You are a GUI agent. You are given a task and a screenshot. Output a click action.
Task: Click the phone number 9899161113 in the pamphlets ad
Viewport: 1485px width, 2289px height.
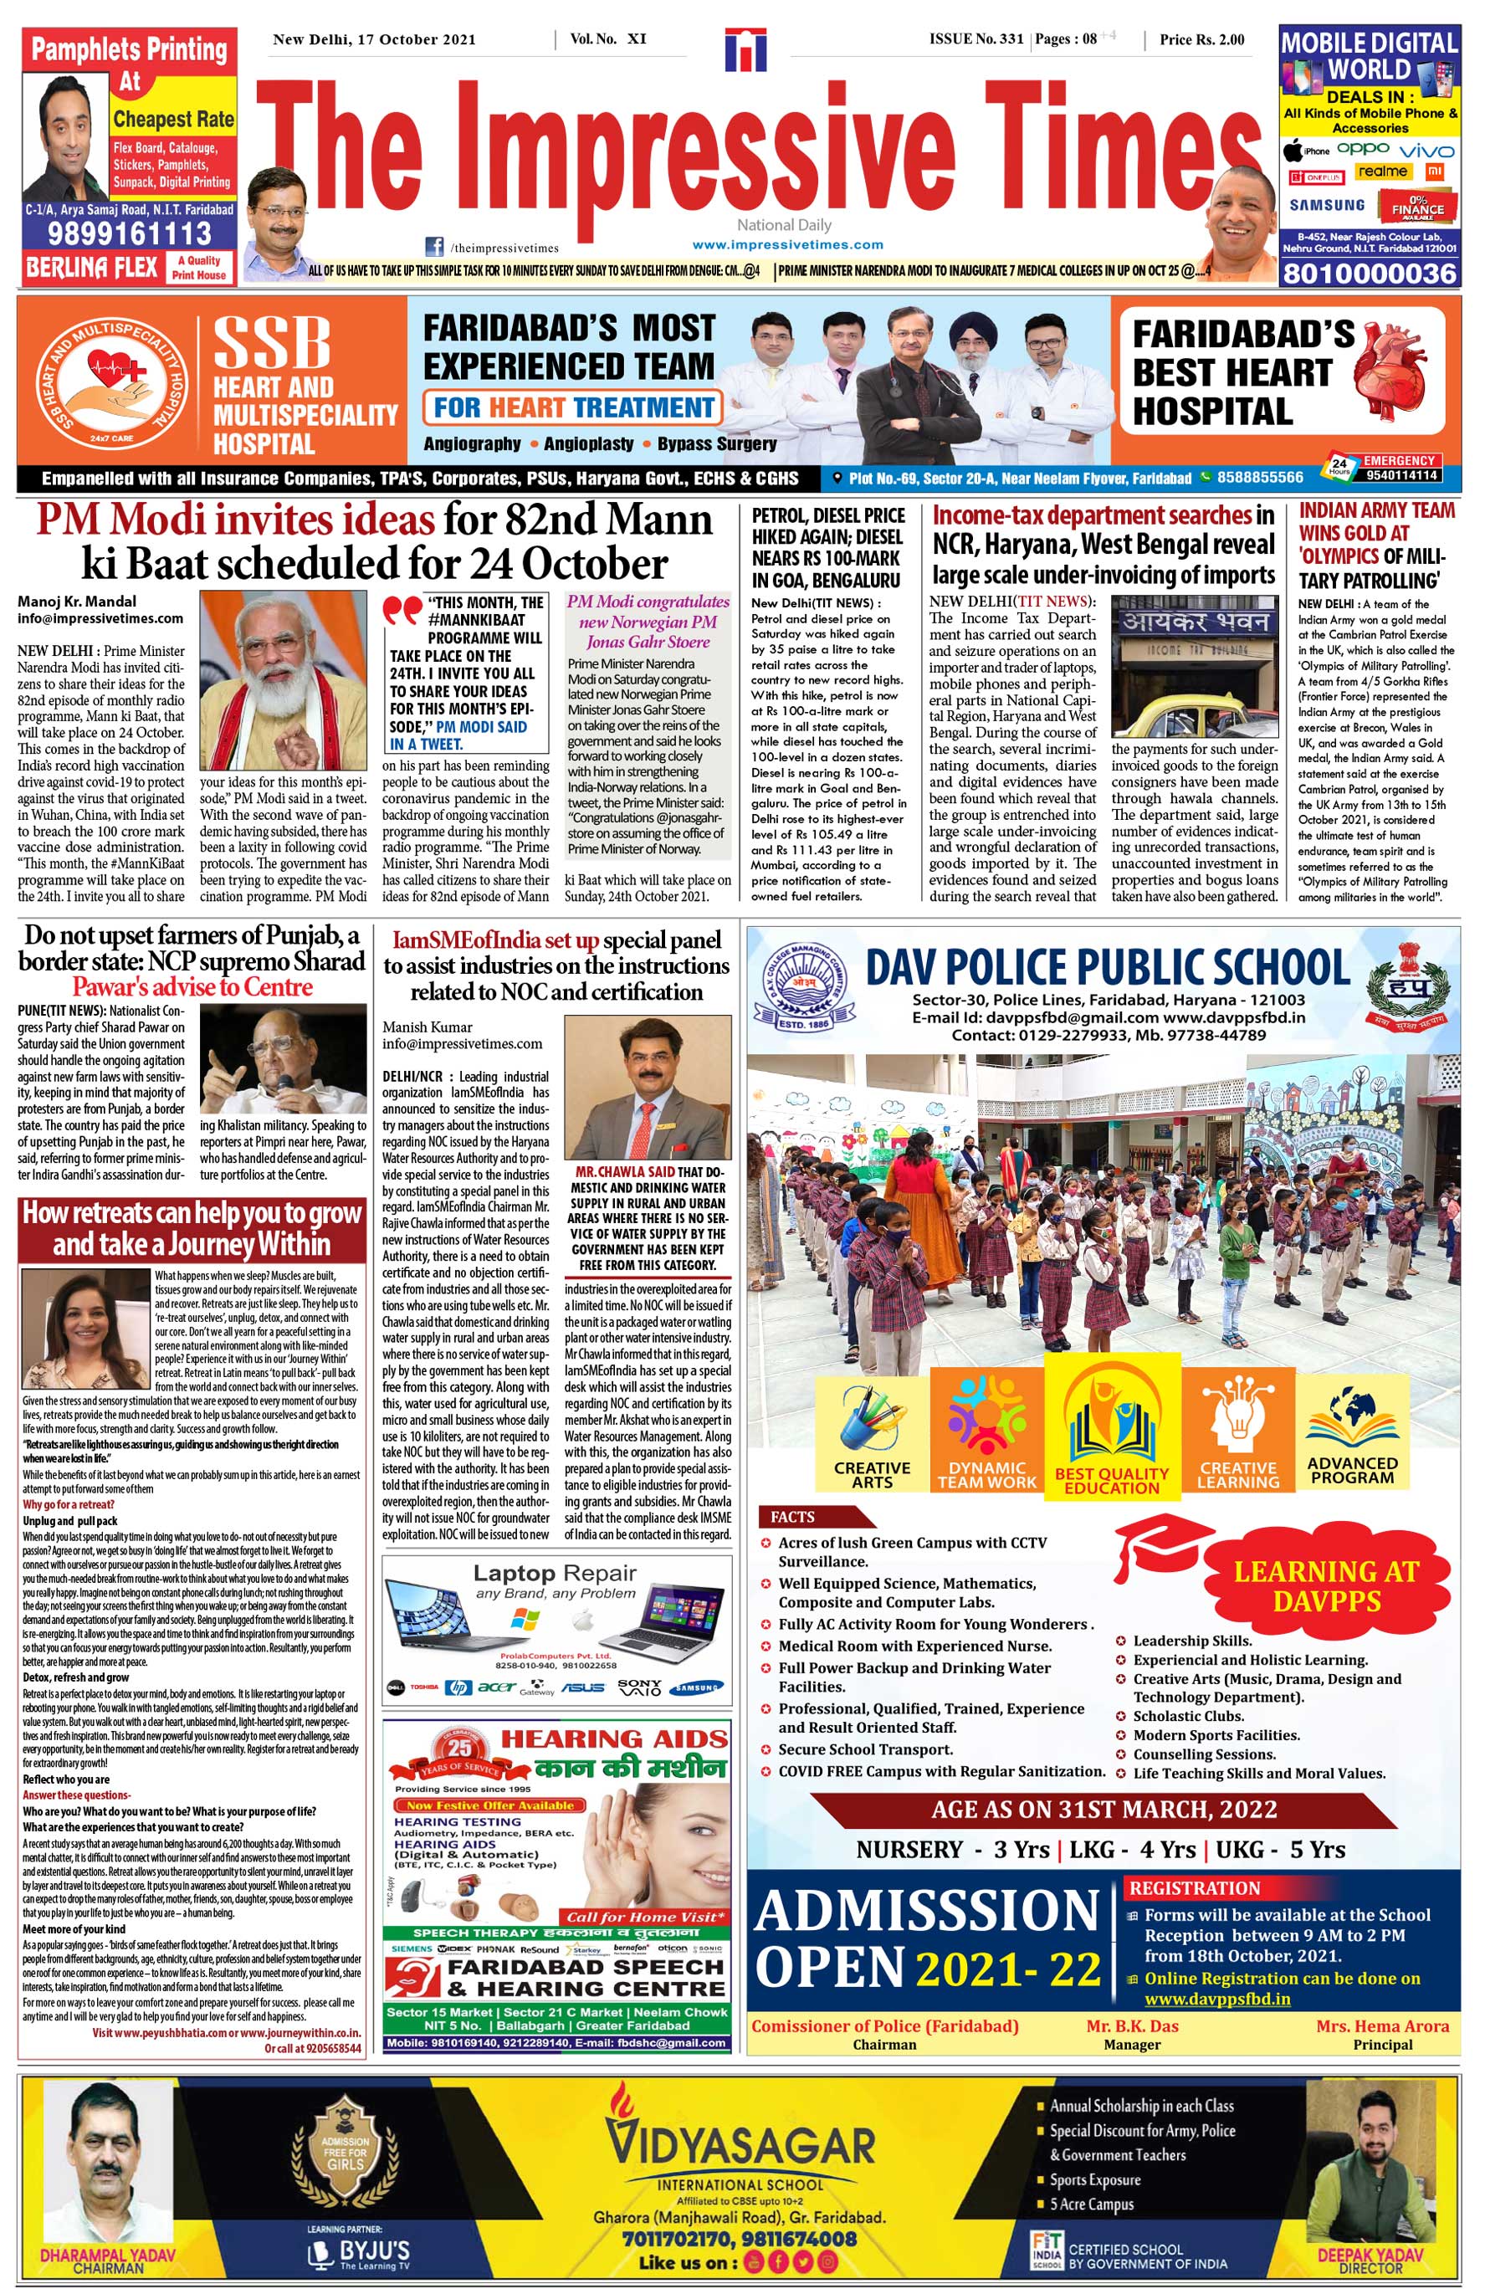(x=129, y=233)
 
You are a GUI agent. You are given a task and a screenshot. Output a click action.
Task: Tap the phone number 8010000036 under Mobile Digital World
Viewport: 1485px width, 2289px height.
(x=1370, y=274)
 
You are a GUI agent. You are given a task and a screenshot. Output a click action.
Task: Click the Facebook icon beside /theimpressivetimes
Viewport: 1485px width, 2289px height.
(x=435, y=246)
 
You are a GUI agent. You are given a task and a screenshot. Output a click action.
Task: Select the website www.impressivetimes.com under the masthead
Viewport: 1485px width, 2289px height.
(x=786, y=245)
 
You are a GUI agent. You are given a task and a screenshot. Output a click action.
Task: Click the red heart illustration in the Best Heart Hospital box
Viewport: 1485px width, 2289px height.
(x=1390, y=371)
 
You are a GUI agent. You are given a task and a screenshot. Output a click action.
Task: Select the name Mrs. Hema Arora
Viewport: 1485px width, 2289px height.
(x=1382, y=2025)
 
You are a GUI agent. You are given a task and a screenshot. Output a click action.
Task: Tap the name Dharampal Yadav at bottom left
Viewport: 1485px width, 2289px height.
(x=108, y=2253)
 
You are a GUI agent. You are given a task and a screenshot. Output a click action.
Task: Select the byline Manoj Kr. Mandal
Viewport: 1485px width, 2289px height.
(x=77, y=601)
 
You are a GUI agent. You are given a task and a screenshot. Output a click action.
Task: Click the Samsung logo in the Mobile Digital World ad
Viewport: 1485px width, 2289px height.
(x=1326, y=205)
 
